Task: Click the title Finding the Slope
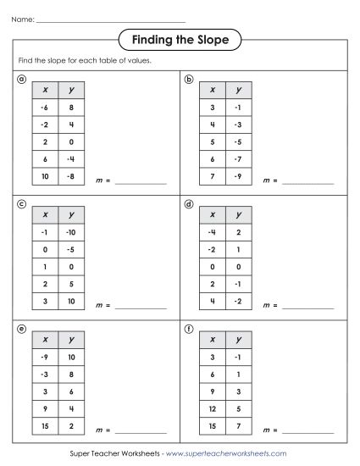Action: click(179, 39)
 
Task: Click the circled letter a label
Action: click(21, 80)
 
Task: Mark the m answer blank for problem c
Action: click(141, 307)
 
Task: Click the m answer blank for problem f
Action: click(308, 431)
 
